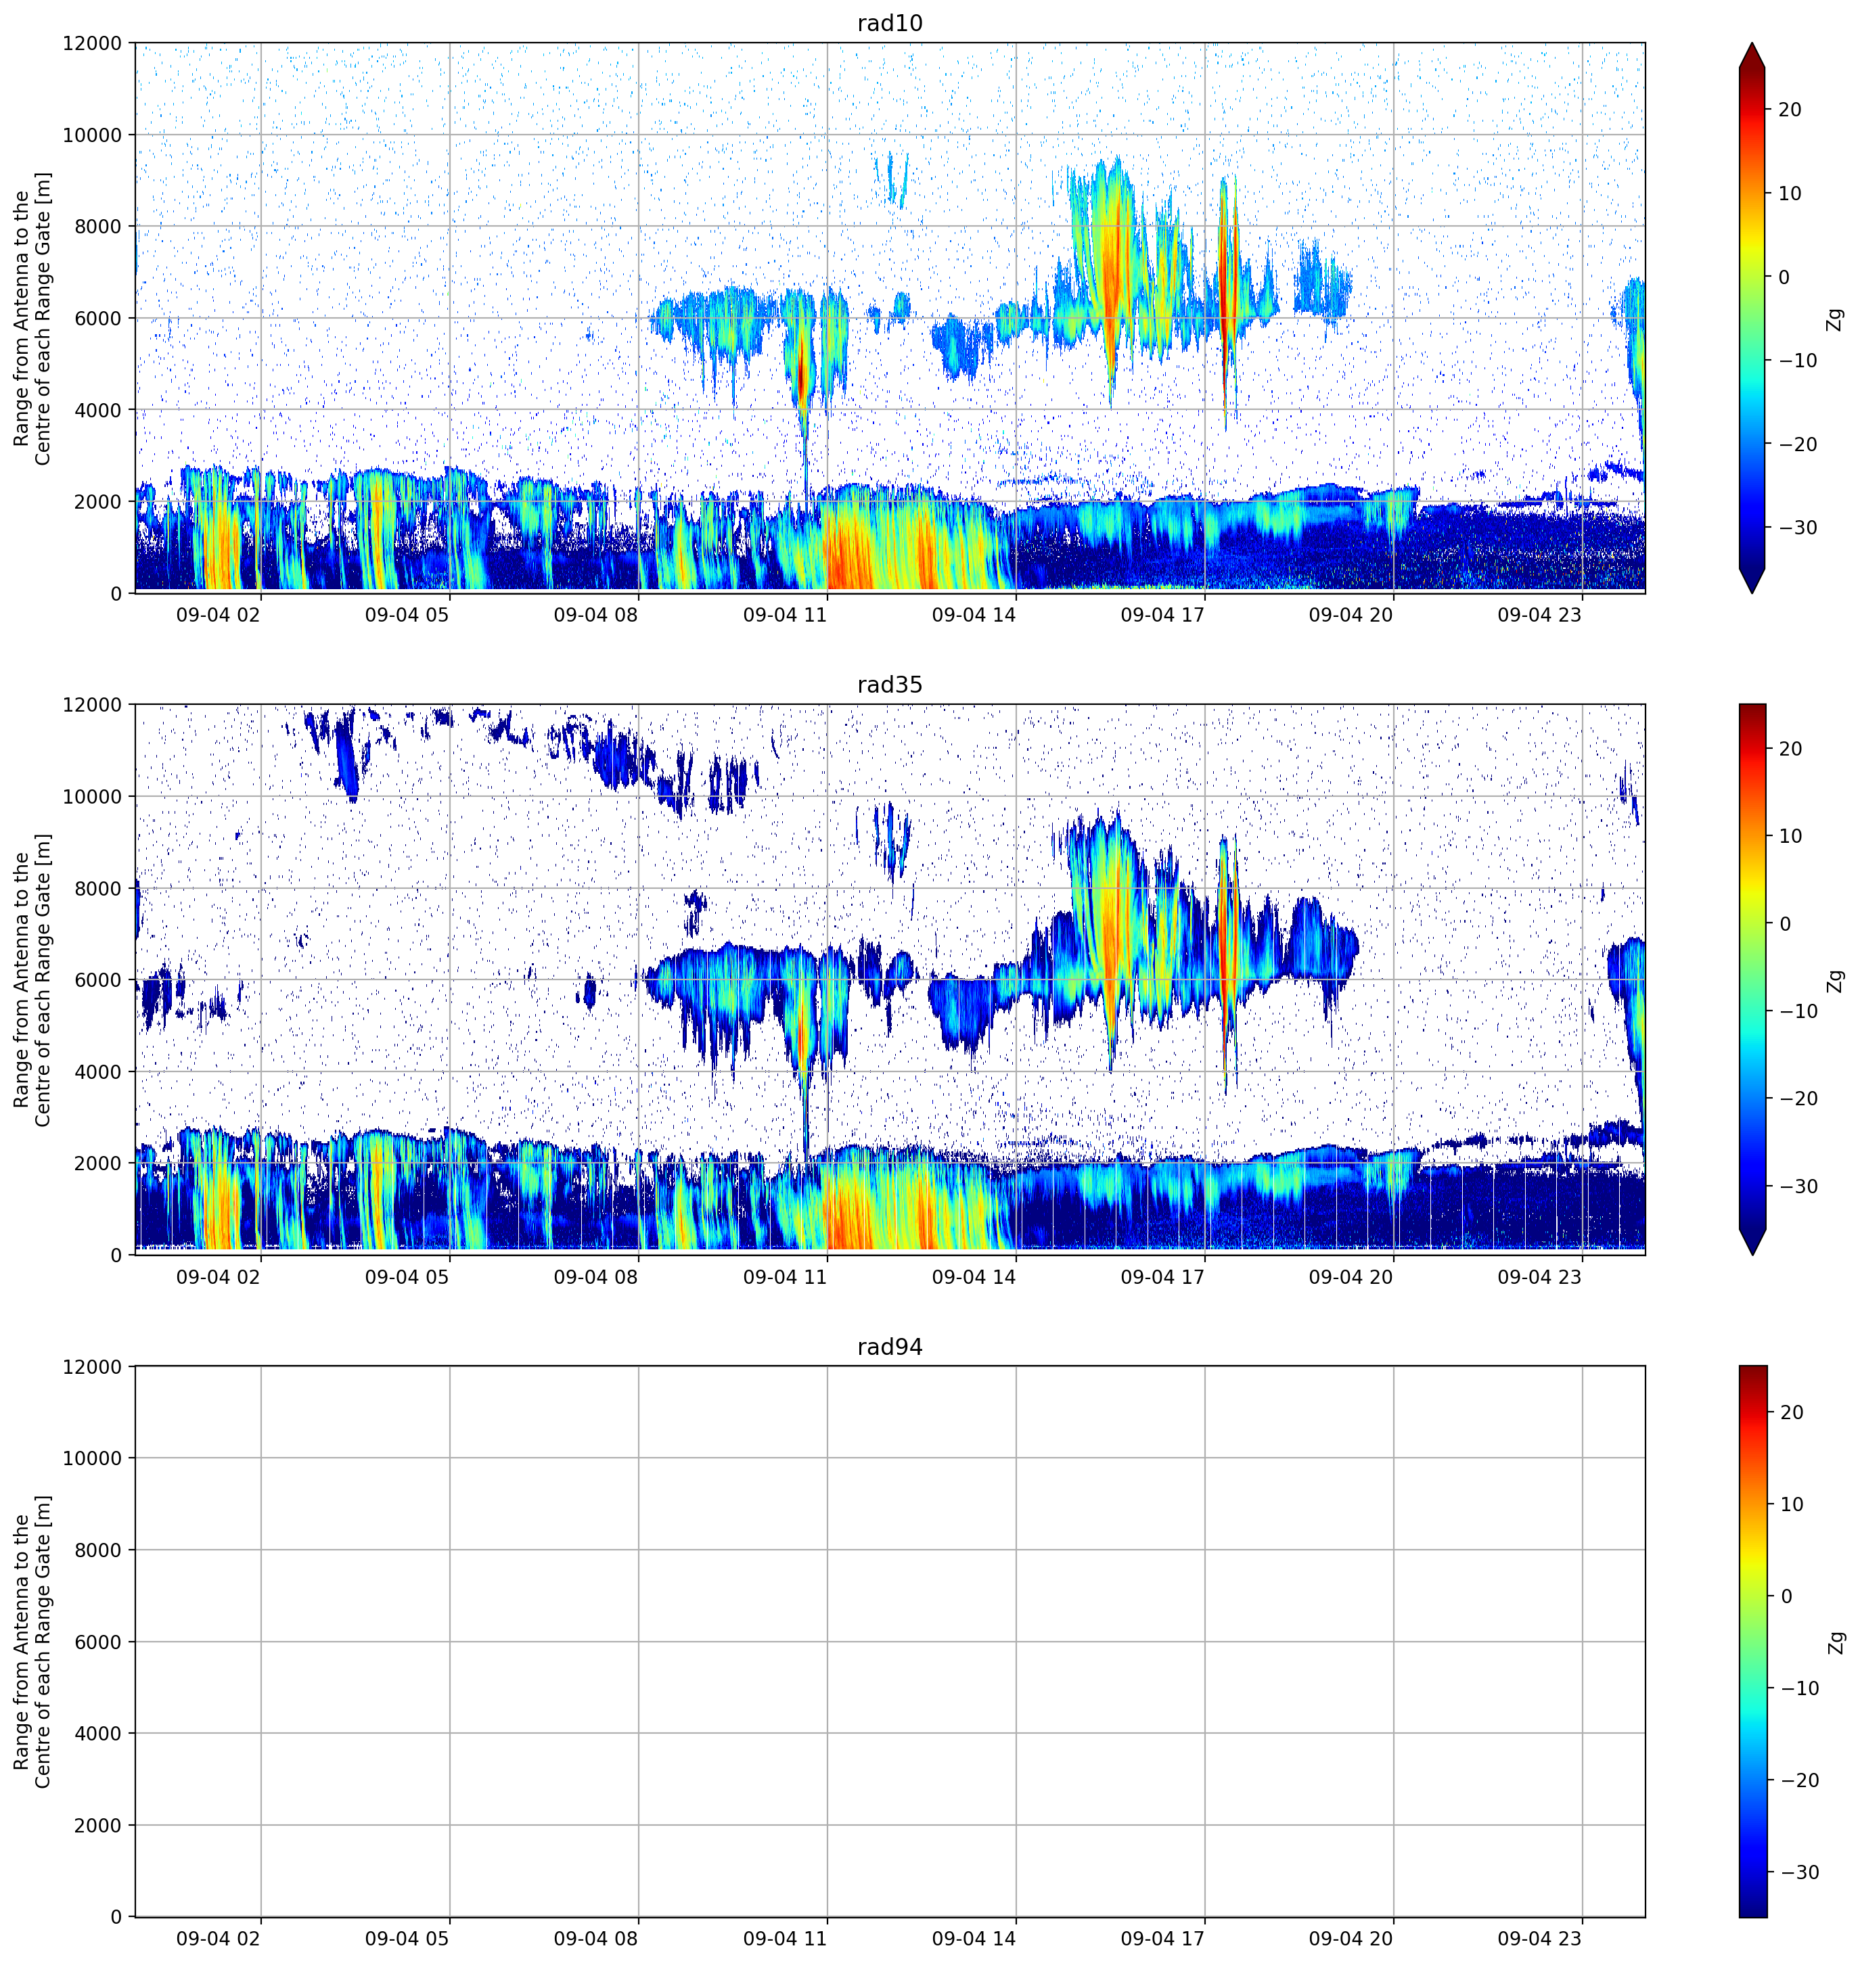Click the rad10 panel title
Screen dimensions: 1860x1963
click(889, 24)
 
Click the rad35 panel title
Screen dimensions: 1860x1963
click(889, 685)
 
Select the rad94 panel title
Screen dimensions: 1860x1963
click(889, 1347)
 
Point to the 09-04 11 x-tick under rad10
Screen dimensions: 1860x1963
click(784, 616)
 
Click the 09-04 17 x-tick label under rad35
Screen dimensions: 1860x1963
click(1162, 1277)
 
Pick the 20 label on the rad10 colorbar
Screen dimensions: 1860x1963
click(1790, 110)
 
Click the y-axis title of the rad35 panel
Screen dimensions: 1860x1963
click(32, 979)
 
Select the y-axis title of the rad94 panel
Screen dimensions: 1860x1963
click(32, 1642)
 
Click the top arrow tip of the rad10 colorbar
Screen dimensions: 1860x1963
click(1752, 43)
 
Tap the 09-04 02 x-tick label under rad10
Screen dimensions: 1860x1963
click(218, 616)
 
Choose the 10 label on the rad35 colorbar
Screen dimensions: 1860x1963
click(1790, 837)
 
